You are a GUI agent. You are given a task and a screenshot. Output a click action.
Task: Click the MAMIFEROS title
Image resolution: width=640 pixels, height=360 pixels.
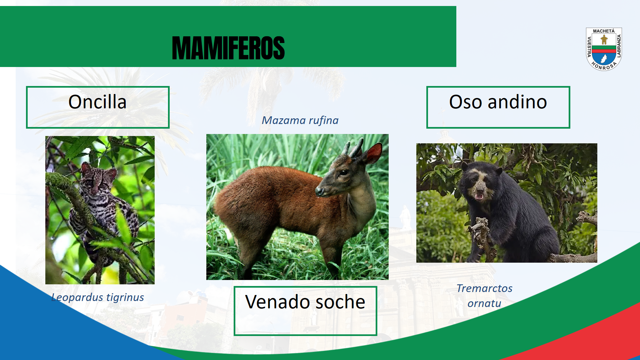pos(228,48)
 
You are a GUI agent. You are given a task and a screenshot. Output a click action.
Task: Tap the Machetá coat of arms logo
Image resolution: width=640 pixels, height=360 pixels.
pos(604,49)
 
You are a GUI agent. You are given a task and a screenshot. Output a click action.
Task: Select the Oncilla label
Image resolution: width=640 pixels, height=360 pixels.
pos(97,102)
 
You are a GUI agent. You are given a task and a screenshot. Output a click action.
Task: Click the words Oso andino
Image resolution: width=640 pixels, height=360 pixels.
pos(498,102)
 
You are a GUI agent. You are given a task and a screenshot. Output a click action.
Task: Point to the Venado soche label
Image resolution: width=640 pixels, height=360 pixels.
pos(305,302)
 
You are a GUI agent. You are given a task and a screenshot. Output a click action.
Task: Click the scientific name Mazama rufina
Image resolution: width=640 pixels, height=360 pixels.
pos(300,120)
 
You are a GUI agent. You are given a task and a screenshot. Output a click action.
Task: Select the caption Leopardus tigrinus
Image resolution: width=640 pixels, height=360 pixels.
pos(98,297)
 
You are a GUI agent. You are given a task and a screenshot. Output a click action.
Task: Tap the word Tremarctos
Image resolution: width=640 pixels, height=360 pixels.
pos(484,288)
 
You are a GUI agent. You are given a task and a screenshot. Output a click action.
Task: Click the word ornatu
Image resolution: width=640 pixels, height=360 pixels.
pos(484,303)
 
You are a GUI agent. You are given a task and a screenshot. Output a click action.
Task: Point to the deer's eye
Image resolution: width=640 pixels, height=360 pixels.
pos(344,172)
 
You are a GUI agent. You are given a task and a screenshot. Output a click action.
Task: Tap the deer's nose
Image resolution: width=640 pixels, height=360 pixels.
pos(319,191)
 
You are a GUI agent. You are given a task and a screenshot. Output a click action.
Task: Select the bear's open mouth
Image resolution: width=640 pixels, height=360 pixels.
pos(479,196)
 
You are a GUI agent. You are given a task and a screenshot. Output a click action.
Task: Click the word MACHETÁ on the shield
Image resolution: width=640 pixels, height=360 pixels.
pos(604,31)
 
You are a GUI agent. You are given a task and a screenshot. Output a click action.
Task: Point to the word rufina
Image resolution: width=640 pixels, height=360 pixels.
pos(324,120)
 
